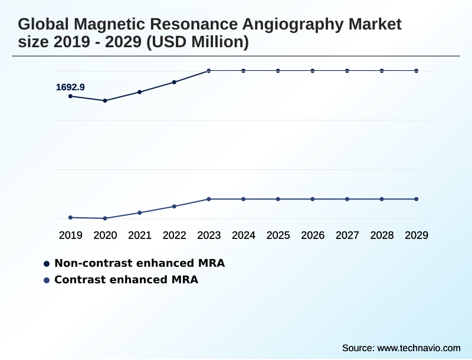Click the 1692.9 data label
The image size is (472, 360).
click(70, 87)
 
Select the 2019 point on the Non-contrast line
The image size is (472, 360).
click(70, 96)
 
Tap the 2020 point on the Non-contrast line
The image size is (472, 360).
click(105, 101)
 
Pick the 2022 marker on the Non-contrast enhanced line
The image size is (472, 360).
click(174, 82)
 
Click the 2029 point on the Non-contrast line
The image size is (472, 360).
click(417, 71)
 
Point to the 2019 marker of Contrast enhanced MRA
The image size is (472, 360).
click(70, 218)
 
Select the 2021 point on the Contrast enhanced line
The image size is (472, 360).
click(140, 212)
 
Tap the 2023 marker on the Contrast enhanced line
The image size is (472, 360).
click(209, 199)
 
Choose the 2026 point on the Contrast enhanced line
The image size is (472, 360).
click(313, 199)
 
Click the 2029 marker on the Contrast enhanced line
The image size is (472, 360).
click(417, 199)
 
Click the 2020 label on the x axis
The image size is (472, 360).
click(105, 235)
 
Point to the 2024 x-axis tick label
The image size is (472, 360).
click(244, 235)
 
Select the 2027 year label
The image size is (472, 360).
click(348, 235)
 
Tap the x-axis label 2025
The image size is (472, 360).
click(278, 235)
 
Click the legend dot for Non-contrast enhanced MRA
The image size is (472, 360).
click(47, 263)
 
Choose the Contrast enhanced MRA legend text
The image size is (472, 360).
click(126, 280)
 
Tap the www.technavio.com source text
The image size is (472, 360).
click(419, 348)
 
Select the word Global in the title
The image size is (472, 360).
click(42, 25)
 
